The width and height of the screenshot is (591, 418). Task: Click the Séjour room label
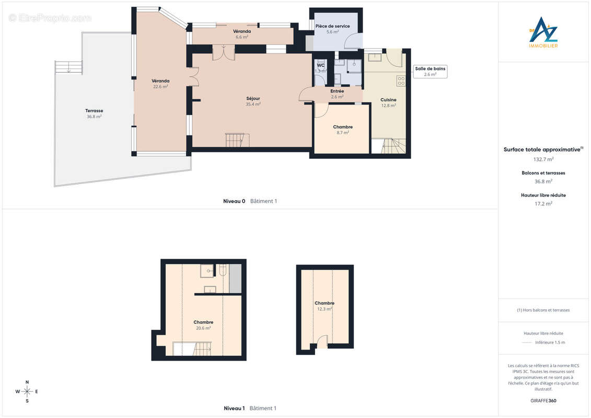point(253,99)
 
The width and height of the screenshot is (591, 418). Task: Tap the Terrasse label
point(94,111)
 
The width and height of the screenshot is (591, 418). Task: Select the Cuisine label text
point(388,100)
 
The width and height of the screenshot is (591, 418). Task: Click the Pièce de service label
point(332,26)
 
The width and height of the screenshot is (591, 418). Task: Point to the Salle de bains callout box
point(430,71)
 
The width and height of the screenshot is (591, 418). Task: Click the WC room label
point(320,65)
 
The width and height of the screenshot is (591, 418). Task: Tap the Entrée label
point(337,91)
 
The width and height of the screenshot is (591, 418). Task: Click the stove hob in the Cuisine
point(401,80)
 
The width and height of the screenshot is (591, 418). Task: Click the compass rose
point(27,392)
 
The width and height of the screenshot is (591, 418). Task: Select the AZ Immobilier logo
point(543,32)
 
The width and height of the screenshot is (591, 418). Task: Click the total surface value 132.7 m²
point(543,159)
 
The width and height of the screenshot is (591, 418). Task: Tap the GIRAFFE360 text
point(543,401)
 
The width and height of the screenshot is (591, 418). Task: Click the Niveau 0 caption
point(234,201)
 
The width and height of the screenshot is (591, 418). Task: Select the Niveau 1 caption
point(234,408)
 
